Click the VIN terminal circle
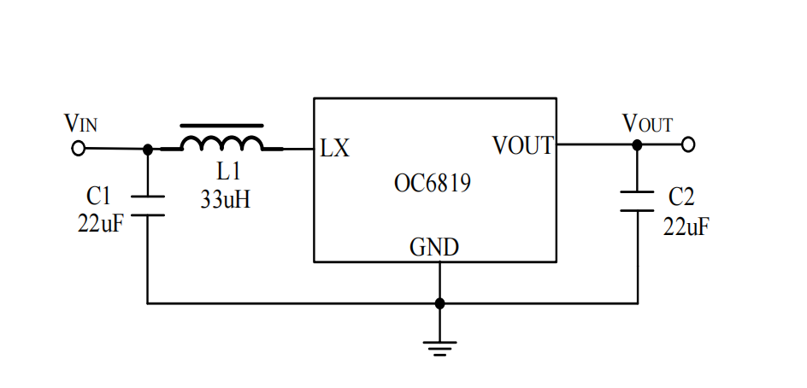point(78,149)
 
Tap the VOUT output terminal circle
point(687,144)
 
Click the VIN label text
point(81,123)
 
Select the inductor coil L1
point(222,142)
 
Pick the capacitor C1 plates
point(147,205)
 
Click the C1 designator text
point(98,197)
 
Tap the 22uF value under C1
point(98,226)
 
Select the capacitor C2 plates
point(637,201)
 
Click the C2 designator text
point(681,197)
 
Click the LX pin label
point(334,148)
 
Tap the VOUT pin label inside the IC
point(522,146)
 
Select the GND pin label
point(434,248)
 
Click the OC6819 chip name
point(433,183)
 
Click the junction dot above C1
point(147,149)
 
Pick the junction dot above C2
point(637,144)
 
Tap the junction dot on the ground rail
point(439,303)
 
